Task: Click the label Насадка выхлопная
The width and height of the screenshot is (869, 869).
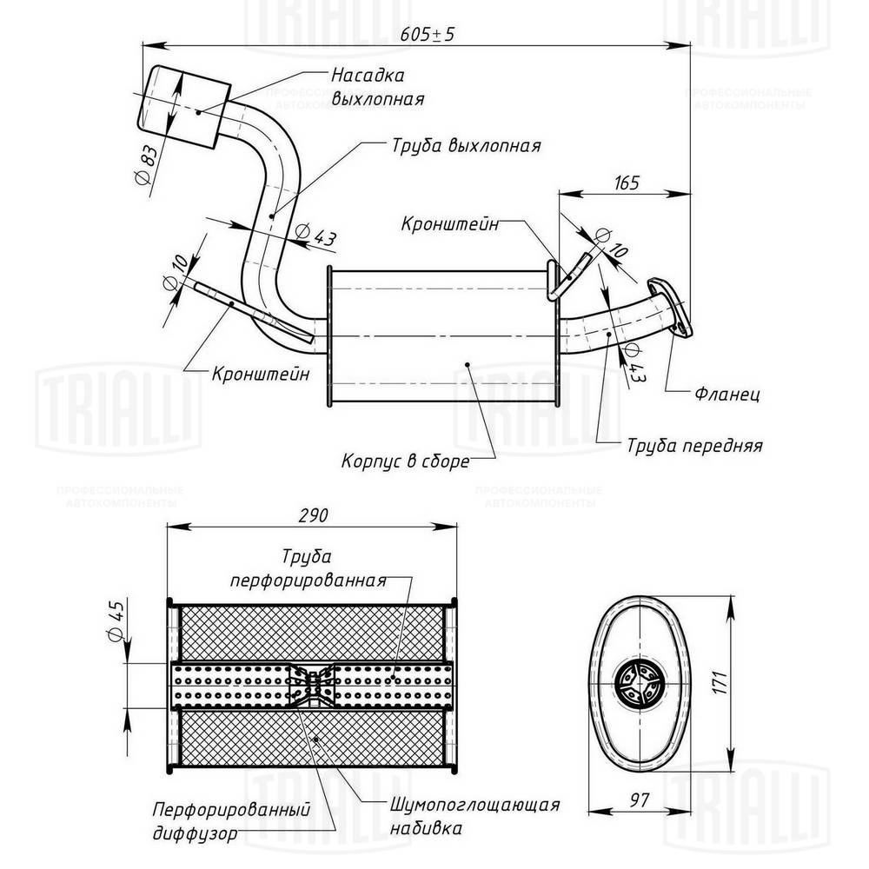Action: [376, 87]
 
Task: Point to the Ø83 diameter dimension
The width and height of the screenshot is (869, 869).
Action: [148, 164]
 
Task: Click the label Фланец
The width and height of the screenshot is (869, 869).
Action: [727, 395]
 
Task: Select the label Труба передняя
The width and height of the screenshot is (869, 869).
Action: [694, 446]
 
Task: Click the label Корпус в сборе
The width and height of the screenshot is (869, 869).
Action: [405, 461]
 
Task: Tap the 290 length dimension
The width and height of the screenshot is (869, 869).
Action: [312, 515]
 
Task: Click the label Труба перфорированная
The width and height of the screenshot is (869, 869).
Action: [307, 567]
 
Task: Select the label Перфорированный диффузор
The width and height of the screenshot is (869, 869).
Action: [232, 819]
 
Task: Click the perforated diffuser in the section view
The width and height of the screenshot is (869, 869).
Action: [311, 686]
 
